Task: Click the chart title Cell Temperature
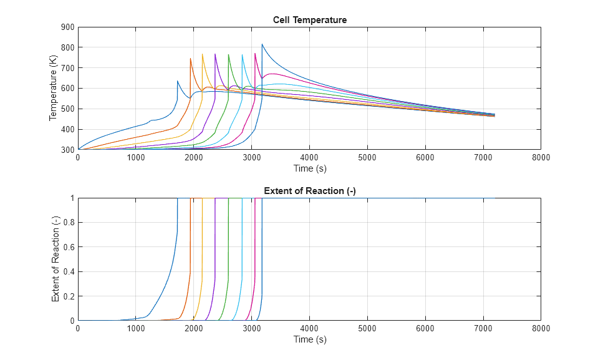(309, 20)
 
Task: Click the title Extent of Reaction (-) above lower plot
(309, 191)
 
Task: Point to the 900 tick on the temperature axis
(67, 27)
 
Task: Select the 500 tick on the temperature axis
(67, 109)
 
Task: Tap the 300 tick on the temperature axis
(67, 150)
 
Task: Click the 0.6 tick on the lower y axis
(69, 247)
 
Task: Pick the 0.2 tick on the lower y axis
(69, 296)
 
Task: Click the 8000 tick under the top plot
(541, 158)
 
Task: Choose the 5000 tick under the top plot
(367, 158)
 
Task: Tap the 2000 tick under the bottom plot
(193, 329)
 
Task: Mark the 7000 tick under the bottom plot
(483, 329)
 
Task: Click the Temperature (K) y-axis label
(54, 88)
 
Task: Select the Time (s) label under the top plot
(309, 168)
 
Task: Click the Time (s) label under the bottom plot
(309, 339)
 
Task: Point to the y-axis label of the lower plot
(55, 259)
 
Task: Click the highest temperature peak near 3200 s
(262, 44)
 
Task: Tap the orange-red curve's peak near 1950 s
(190, 59)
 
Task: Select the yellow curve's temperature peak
(202, 54)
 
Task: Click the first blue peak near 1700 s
(177, 81)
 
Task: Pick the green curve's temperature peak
(228, 54)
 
